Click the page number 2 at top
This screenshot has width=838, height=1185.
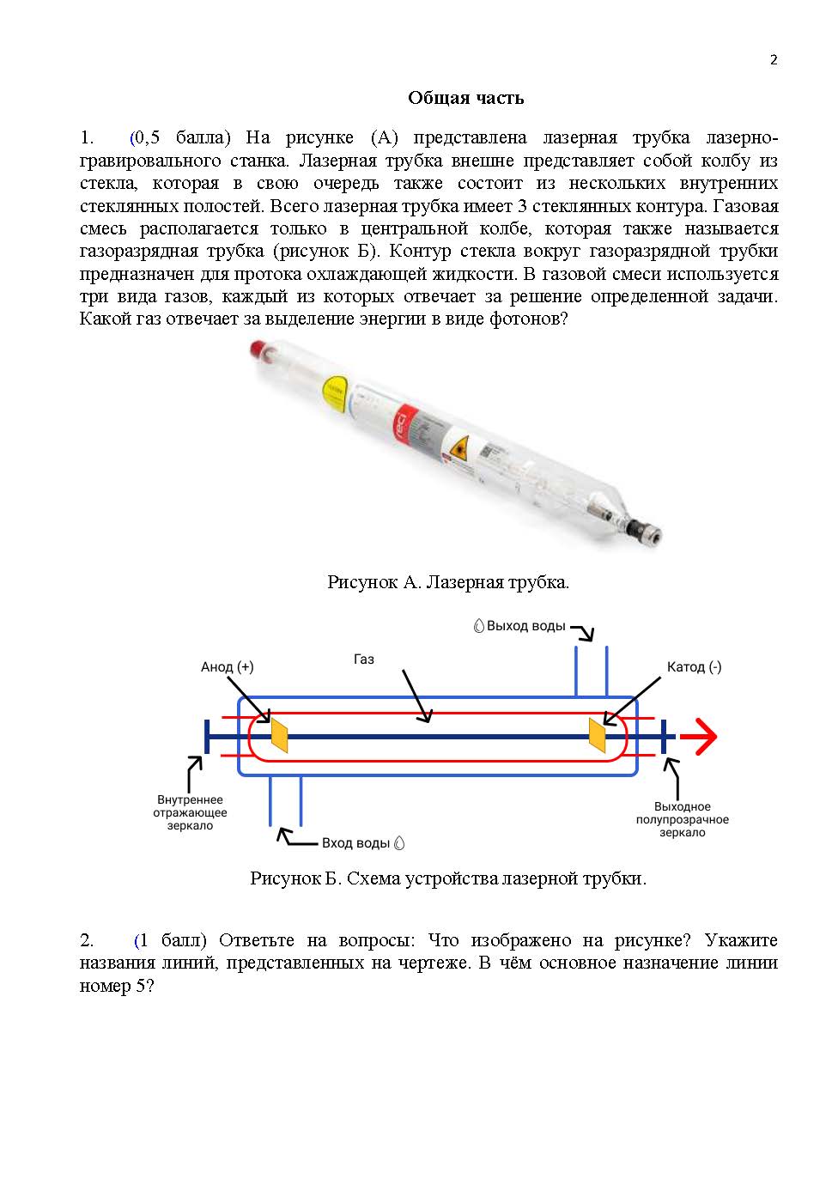click(x=774, y=59)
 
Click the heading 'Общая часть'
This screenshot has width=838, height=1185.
click(x=465, y=98)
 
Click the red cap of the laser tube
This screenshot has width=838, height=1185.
click(x=255, y=349)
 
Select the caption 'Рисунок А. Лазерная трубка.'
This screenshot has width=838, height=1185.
click(x=447, y=582)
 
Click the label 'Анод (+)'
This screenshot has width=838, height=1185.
click(x=227, y=667)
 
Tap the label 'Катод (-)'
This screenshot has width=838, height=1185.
click(x=694, y=667)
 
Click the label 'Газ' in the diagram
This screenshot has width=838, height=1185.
click(x=364, y=659)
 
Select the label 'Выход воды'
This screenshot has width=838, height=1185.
click(x=525, y=626)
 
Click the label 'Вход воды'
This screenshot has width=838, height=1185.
click(x=356, y=843)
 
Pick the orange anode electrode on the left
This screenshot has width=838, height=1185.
click(x=279, y=736)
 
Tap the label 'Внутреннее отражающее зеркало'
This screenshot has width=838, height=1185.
click(x=190, y=812)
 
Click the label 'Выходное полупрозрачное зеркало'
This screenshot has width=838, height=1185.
click(x=683, y=819)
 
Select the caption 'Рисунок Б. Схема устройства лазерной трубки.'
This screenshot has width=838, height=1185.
click(x=447, y=878)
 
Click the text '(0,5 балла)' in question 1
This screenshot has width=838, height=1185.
click(x=180, y=137)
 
